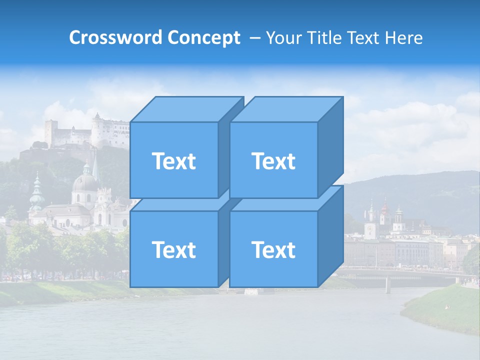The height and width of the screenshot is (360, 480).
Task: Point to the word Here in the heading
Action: (403, 38)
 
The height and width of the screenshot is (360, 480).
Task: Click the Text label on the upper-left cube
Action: (173, 161)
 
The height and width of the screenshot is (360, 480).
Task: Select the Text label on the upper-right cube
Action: (273, 161)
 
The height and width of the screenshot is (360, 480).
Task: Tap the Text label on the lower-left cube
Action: (173, 249)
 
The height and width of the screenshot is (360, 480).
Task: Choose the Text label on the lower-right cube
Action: (273, 249)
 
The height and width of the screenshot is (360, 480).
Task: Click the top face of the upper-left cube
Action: (186, 109)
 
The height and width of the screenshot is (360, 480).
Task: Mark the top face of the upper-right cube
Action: (286, 109)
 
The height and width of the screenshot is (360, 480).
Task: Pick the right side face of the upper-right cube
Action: (330, 147)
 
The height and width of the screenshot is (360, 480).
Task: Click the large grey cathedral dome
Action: (85, 182)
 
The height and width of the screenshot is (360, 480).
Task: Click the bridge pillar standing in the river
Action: (387, 284)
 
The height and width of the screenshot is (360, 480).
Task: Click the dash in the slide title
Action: (254, 38)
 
